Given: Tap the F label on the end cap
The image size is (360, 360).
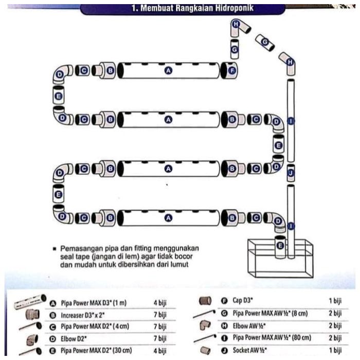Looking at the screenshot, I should (232, 70).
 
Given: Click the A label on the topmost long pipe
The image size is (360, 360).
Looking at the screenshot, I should (167, 70).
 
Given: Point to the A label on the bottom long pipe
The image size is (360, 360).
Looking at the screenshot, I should (167, 218).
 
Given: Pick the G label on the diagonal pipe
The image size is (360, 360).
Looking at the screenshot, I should (265, 42).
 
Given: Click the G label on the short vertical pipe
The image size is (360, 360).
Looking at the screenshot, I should (235, 49).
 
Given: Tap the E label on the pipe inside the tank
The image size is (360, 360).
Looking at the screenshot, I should (280, 246).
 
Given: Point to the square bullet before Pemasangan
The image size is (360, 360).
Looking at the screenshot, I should (54, 248).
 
